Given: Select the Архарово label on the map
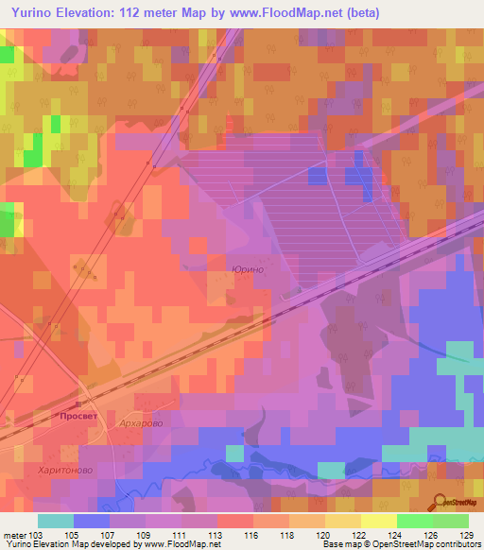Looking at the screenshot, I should tap(142, 423).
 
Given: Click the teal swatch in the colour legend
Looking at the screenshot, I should tap(56, 521).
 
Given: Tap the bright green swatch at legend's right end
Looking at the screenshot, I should tap(450, 521).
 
